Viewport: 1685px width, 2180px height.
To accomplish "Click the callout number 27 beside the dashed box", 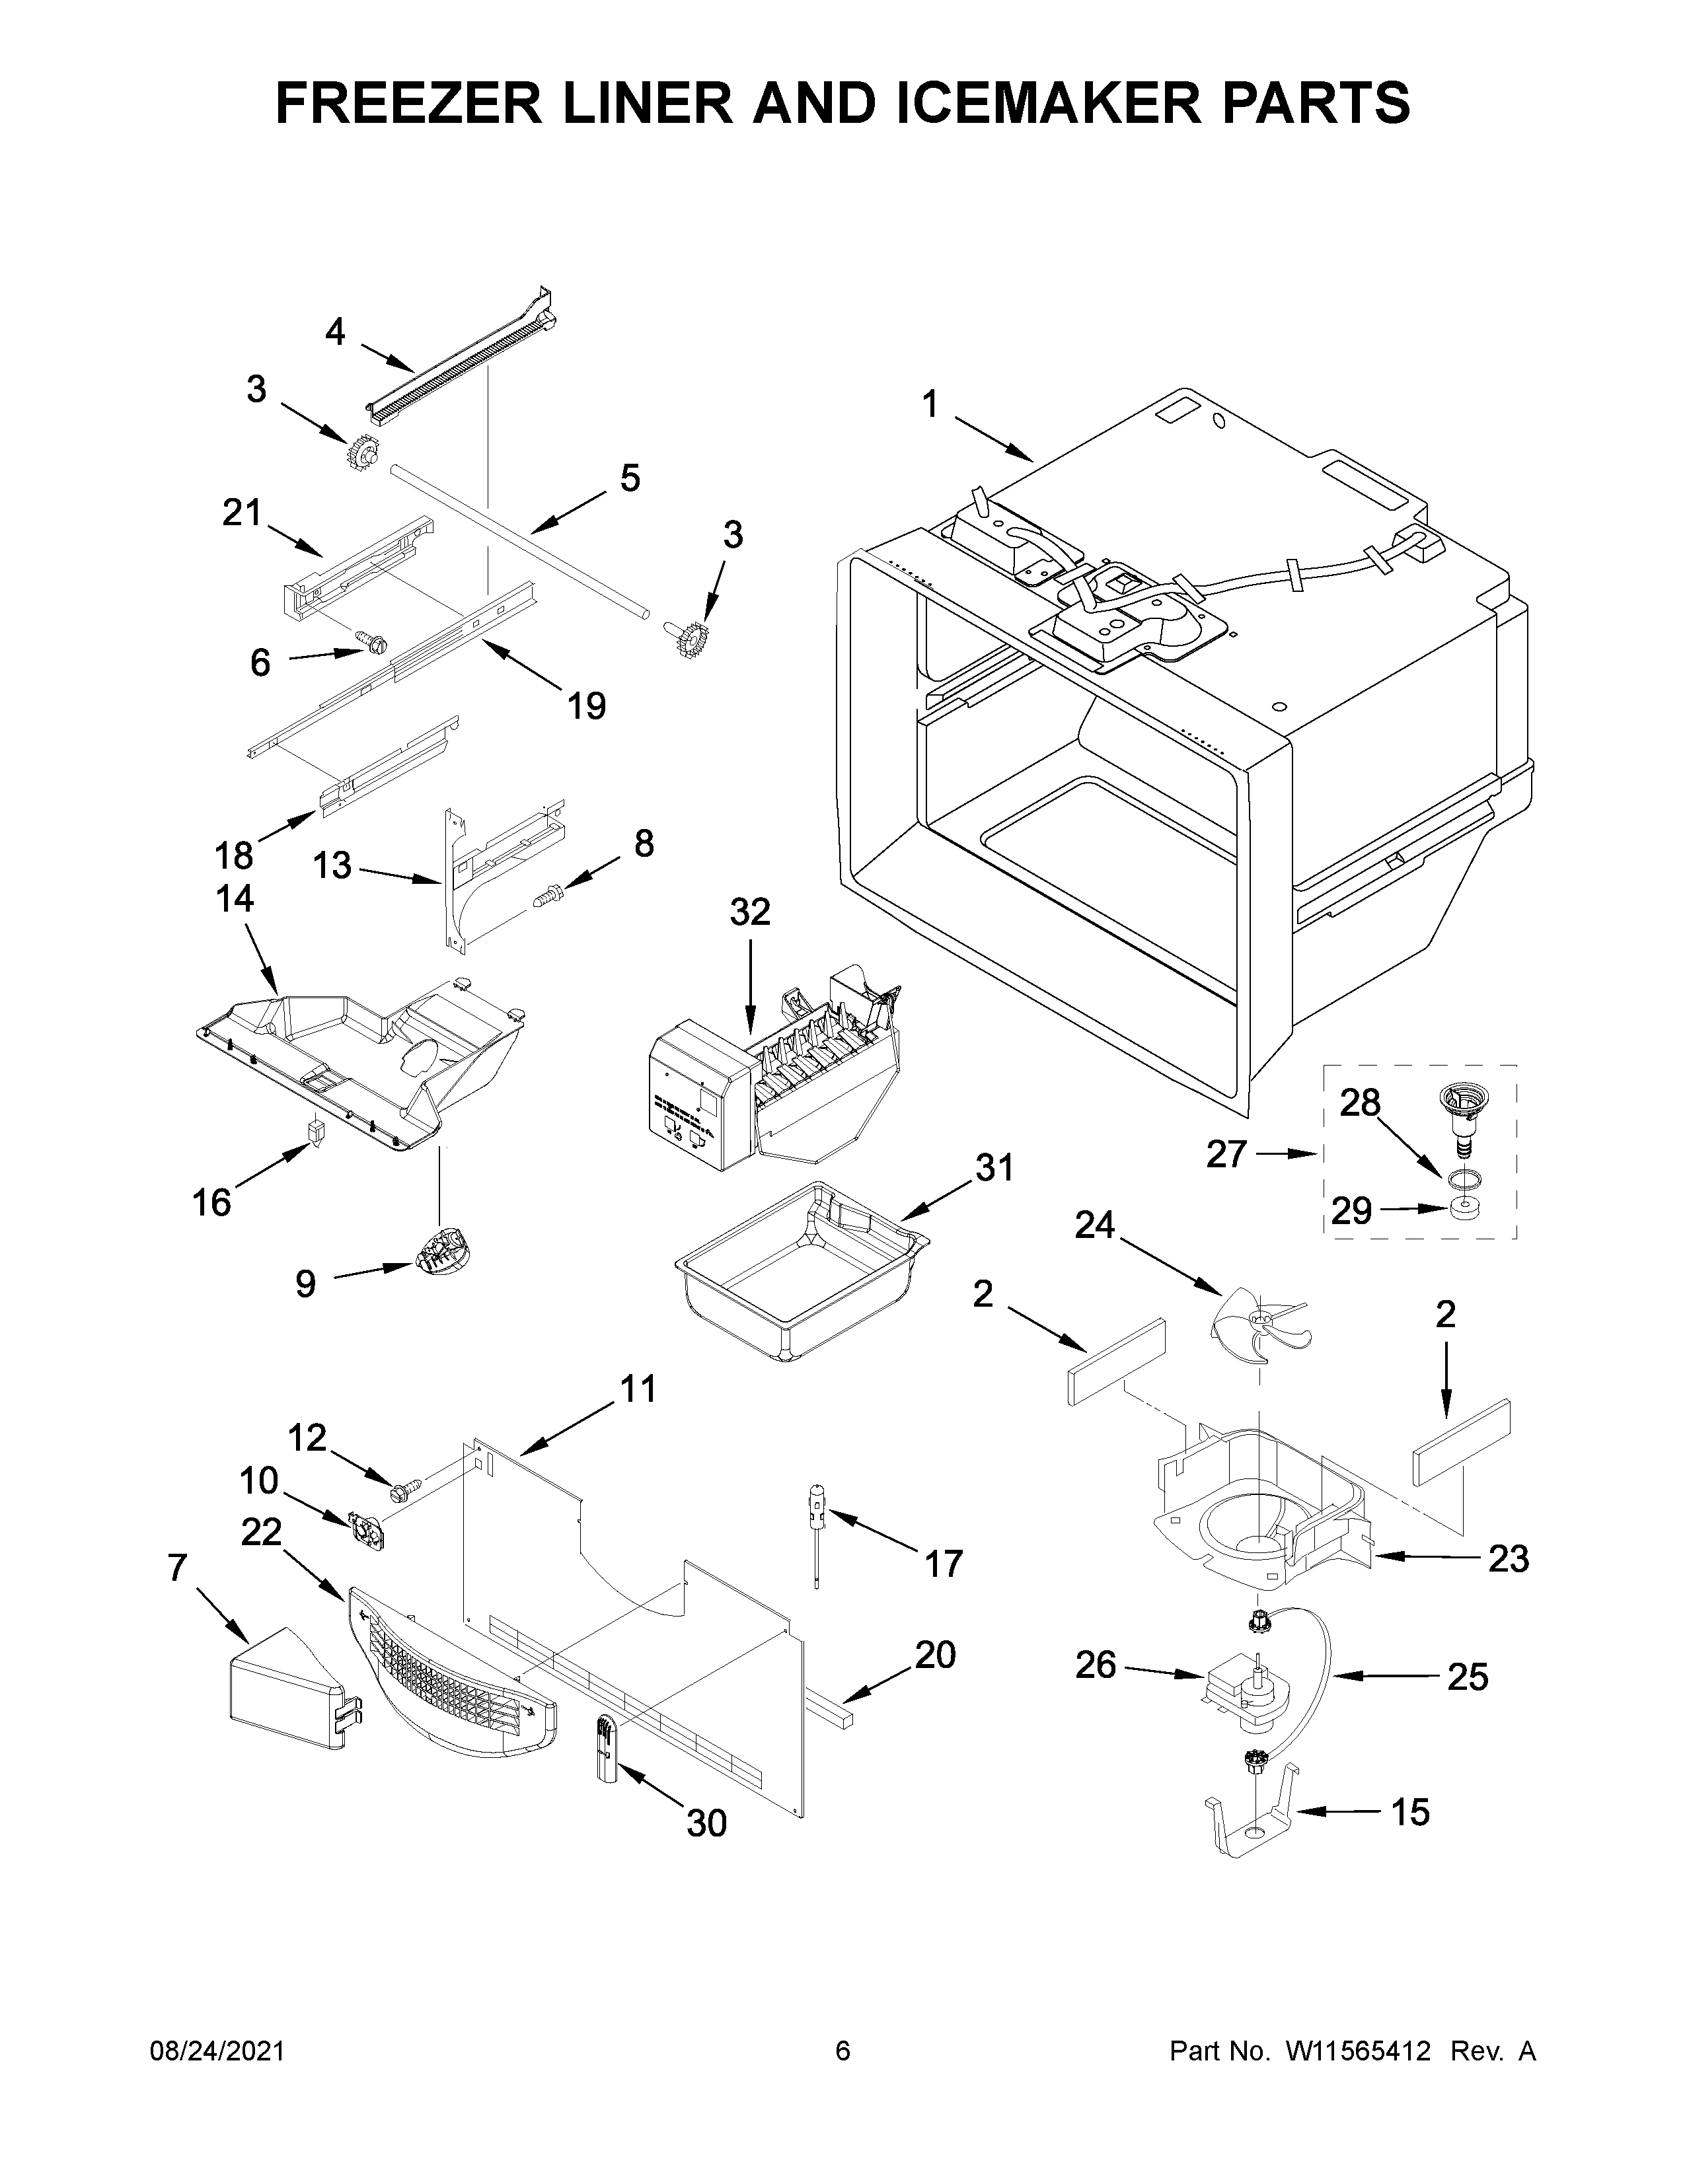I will [1226, 1154].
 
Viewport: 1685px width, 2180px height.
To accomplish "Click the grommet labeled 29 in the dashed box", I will [1464, 1211].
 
